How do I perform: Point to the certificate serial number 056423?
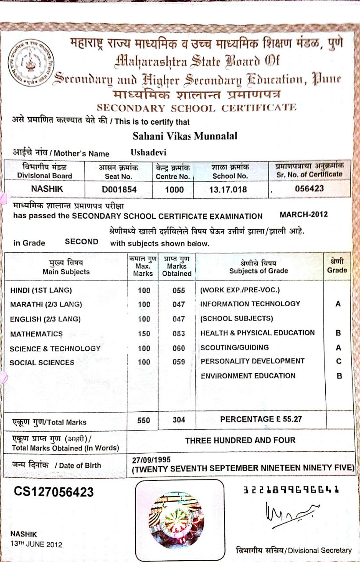309,189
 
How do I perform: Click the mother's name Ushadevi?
149,152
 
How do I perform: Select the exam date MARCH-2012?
303,215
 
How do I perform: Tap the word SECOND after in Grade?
82,241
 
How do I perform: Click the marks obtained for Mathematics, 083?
178,334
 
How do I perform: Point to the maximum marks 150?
144,334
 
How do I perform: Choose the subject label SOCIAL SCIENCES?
42,362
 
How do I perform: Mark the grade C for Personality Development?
338,361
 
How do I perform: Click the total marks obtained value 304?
179,420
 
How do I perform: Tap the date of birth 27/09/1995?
148,460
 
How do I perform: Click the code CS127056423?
54,492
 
